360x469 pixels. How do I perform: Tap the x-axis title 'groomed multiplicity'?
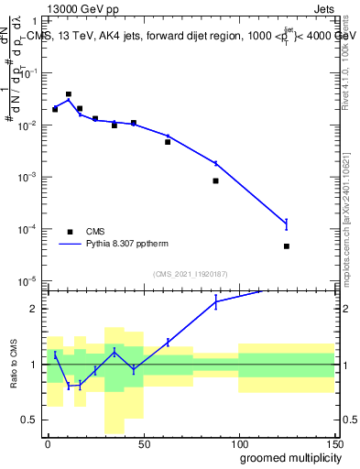tap(285, 457)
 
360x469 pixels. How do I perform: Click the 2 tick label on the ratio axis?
tap(38, 309)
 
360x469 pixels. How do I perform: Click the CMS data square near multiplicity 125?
tap(287, 246)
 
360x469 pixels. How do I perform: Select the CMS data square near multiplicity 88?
tap(215, 180)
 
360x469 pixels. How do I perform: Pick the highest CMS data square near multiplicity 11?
tap(69, 94)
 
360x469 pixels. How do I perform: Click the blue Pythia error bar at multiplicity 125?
tap(287, 224)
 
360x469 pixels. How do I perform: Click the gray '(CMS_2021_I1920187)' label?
tap(190, 274)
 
